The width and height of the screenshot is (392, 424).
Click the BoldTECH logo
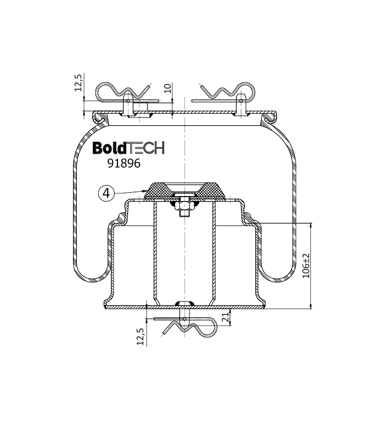(128, 148)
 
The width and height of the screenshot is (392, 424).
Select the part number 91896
(124, 163)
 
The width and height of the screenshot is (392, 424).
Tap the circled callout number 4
(107, 193)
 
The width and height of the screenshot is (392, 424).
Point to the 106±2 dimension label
(305, 266)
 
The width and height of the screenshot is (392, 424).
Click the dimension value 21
(225, 317)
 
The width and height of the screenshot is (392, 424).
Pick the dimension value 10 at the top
(167, 88)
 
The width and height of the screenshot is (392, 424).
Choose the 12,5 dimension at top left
(78, 83)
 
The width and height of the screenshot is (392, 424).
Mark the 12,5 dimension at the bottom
(140, 336)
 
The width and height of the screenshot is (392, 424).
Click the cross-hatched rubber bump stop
(185, 192)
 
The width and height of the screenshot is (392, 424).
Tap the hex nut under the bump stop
(184, 207)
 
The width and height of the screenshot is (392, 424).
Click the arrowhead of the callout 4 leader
(145, 191)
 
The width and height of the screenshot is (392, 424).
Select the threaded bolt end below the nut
(184, 214)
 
